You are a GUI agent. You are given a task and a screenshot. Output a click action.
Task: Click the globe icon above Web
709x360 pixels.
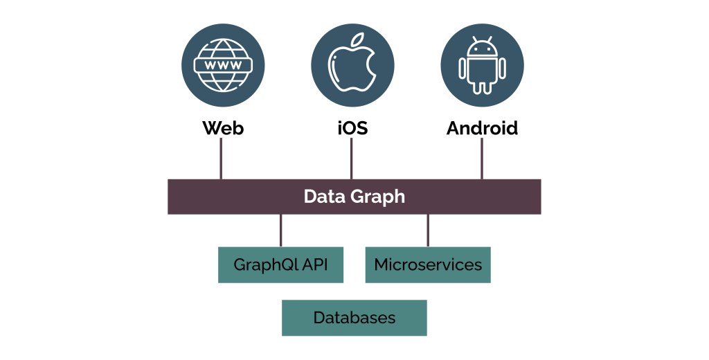(x=223, y=66)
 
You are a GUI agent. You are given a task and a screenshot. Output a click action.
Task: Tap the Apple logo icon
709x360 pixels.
(x=352, y=66)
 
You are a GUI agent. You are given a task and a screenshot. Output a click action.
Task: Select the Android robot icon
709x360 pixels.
(x=482, y=66)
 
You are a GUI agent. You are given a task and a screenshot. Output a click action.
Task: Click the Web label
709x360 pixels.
(x=223, y=128)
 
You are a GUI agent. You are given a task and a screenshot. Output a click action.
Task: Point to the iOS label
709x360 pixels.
(x=352, y=128)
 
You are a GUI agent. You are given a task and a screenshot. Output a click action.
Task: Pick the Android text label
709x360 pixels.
(x=482, y=128)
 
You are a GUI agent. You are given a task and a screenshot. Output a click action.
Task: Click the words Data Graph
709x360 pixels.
(x=354, y=197)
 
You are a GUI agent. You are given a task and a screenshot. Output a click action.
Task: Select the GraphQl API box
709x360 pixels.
(x=280, y=264)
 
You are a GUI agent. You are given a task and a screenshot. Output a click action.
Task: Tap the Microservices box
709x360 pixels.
(x=428, y=264)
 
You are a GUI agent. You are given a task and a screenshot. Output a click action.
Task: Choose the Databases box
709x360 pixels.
(x=354, y=318)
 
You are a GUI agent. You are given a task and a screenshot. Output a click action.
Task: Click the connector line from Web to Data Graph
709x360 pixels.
(x=221, y=159)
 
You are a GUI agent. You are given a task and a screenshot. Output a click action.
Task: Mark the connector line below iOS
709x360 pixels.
(x=351, y=159)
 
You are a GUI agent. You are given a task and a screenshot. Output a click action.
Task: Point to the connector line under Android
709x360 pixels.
(x=482, y=159)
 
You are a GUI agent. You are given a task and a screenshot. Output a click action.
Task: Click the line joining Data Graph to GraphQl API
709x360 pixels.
(x=280, y=230)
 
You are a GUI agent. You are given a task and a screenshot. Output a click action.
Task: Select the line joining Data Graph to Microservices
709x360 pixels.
(x=428, y=230)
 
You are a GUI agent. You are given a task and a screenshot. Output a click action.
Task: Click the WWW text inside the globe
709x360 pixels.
(x=223, y=65)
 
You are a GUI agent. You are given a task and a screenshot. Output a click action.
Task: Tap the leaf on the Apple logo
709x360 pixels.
(x=357, y=39)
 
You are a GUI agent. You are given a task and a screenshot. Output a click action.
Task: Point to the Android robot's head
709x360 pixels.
(x=482, y=49)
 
